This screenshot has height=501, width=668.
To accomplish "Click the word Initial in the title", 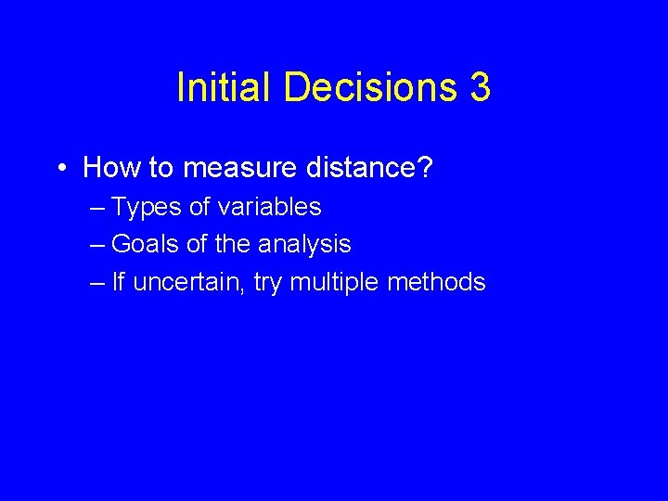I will [225, 88].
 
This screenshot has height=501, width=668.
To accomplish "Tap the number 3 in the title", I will [481, 88].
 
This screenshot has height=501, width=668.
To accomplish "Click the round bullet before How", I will [58, 169].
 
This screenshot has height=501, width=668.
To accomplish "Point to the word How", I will [109, 168].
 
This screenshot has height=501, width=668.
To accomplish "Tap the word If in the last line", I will [117, 281].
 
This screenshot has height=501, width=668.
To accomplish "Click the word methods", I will [436, 281].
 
